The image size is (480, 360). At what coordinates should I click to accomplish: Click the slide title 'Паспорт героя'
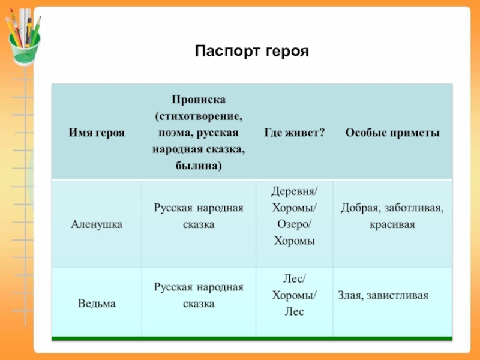[x=251, y=52]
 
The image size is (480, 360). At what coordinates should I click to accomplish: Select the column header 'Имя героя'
[x=97, y=132]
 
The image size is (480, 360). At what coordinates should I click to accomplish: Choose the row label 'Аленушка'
[x=97, y=224]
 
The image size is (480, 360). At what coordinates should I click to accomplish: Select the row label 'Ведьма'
[x=97, y=304]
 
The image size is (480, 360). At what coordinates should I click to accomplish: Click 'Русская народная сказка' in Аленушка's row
[x=198, y=216]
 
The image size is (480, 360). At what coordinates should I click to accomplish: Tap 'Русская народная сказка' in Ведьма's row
[x=198, y=295]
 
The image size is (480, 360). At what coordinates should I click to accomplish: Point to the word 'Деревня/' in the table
[x=295, y=191]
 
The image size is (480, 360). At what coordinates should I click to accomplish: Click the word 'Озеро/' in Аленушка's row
[x=294, y=224]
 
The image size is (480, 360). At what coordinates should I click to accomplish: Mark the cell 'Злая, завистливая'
[x=383, y=295]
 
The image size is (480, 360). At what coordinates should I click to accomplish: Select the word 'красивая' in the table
[x=392, y=224]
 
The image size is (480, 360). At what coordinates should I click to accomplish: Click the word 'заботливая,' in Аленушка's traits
[x=414, y=208]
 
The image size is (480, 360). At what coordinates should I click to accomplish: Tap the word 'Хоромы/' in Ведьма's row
[x=295, y=295]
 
